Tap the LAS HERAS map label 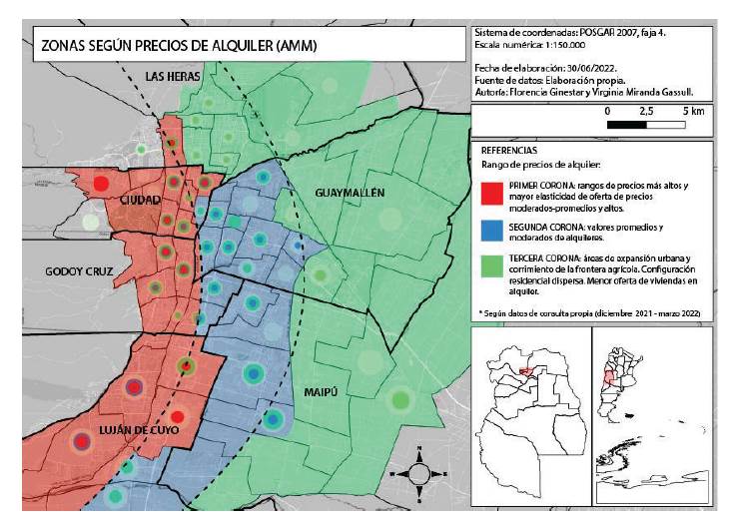tap(172, 76)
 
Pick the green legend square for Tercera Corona tap(489, 266)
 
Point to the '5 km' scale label tap(694, 111)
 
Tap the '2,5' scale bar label tap(646, 111)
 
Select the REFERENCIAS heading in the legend tap(508, 149)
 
